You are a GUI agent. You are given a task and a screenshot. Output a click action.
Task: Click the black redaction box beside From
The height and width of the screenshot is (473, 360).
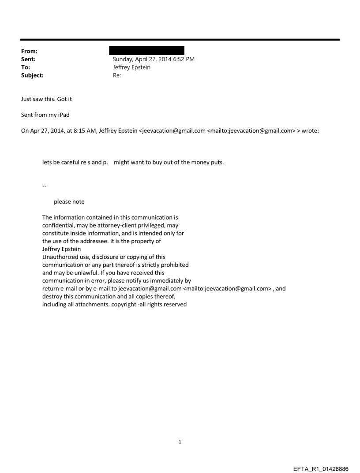[148, 50]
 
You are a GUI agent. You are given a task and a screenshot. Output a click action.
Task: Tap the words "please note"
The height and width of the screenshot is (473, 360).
[69, 202]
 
